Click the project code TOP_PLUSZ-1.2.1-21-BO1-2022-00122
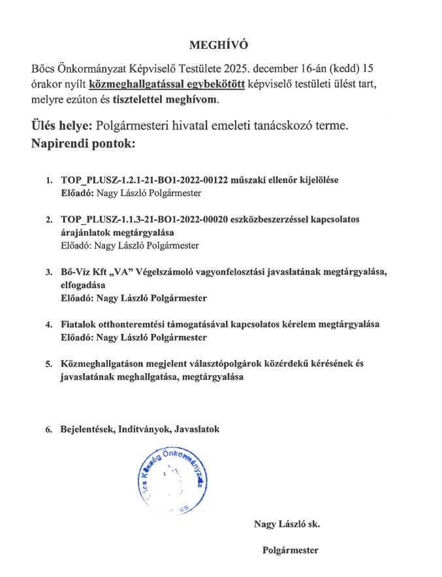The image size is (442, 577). point(144,180)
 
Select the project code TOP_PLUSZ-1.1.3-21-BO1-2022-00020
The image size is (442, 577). point(144,219)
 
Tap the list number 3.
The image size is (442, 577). point(48,272)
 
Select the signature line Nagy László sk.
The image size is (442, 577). point(287,524)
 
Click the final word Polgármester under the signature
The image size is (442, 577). point(290,550)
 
